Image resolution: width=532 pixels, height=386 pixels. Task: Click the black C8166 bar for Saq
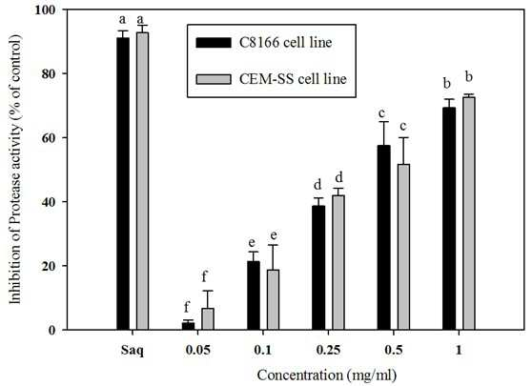[x=123, y=184]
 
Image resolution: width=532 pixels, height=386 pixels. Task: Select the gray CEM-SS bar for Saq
[x=142, y=181]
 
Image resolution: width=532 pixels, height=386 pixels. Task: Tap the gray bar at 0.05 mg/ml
[x=208, y=319]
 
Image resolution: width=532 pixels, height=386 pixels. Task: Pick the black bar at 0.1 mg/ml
[x=254, y=295]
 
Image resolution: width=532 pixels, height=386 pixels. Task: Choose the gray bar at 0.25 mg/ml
[x=338, y=262]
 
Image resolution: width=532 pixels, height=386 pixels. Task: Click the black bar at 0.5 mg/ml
[x=383, y=237]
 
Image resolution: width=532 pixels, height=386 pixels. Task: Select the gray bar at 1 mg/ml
[x=469, y=213]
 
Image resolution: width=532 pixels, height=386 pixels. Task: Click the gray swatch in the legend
[x=214, y=79]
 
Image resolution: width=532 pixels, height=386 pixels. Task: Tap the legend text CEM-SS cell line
[x=293, y=79]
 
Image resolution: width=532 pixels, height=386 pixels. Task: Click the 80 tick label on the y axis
[x=51, y=73]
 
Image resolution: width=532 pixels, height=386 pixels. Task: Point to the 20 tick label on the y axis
[x=51, y=266]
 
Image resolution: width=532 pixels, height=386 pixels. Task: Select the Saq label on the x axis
[x=133, y=351]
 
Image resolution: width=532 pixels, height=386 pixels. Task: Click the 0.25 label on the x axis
[x=328, y=350]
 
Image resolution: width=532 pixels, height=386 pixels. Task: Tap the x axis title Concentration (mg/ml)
[x=327, y=376]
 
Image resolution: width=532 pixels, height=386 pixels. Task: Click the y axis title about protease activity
[x=15, y=170]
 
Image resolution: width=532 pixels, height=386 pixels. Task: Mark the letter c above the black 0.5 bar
[x=383, y=113]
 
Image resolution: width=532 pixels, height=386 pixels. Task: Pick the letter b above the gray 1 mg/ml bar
[x=469, y=77]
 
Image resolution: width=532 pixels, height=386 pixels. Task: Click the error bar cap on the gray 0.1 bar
[x=273, y=245]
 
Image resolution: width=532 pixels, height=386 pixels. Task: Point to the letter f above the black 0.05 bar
[x=187, y=307]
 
